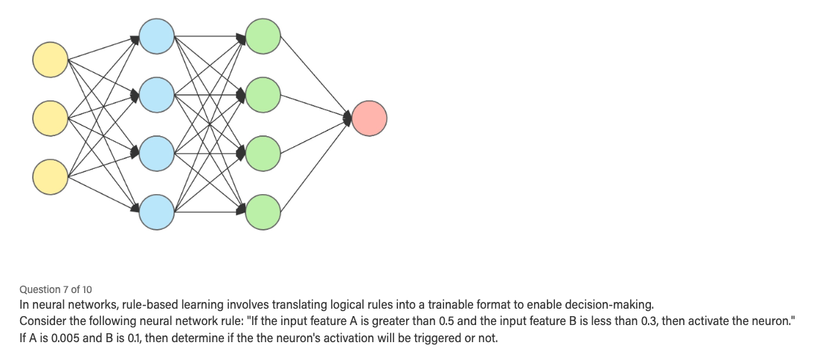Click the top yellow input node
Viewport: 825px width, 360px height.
coord(50,60)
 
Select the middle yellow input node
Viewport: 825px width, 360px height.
coord(50,118)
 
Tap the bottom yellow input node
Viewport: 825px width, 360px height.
coord(50,176)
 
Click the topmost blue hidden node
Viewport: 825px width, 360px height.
coord(156,36)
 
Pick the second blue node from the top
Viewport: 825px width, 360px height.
coord(156,94)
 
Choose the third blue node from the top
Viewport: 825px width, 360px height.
coord(156,152)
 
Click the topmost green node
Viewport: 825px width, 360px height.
coord(263,36)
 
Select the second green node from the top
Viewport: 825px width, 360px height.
coord(263,94)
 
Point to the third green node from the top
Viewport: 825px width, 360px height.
coord(263,152)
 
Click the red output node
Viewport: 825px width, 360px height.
coord(370,118)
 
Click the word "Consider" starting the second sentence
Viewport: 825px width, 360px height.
coord(42,321)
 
